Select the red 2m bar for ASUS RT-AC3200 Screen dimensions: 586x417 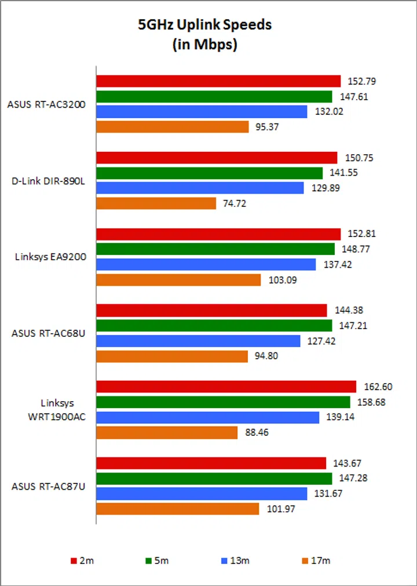[218, 81]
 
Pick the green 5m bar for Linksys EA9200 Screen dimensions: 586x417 [215, 249]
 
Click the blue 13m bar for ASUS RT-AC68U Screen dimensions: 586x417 [198, 341]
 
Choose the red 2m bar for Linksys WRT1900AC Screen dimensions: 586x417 [226, 387]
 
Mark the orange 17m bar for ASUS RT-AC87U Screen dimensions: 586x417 [177, 509]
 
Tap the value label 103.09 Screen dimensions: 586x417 [280, 280]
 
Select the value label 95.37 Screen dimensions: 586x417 [267, 127]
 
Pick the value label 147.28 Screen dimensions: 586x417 [350, 478]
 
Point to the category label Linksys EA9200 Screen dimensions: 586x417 [50, 257]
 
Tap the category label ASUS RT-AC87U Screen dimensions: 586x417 [49, 486]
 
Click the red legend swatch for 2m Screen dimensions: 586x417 [74, 560]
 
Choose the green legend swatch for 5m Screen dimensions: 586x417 [149, 560]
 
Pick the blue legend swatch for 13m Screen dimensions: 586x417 [224, 560]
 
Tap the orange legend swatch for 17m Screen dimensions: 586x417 [304, 560]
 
